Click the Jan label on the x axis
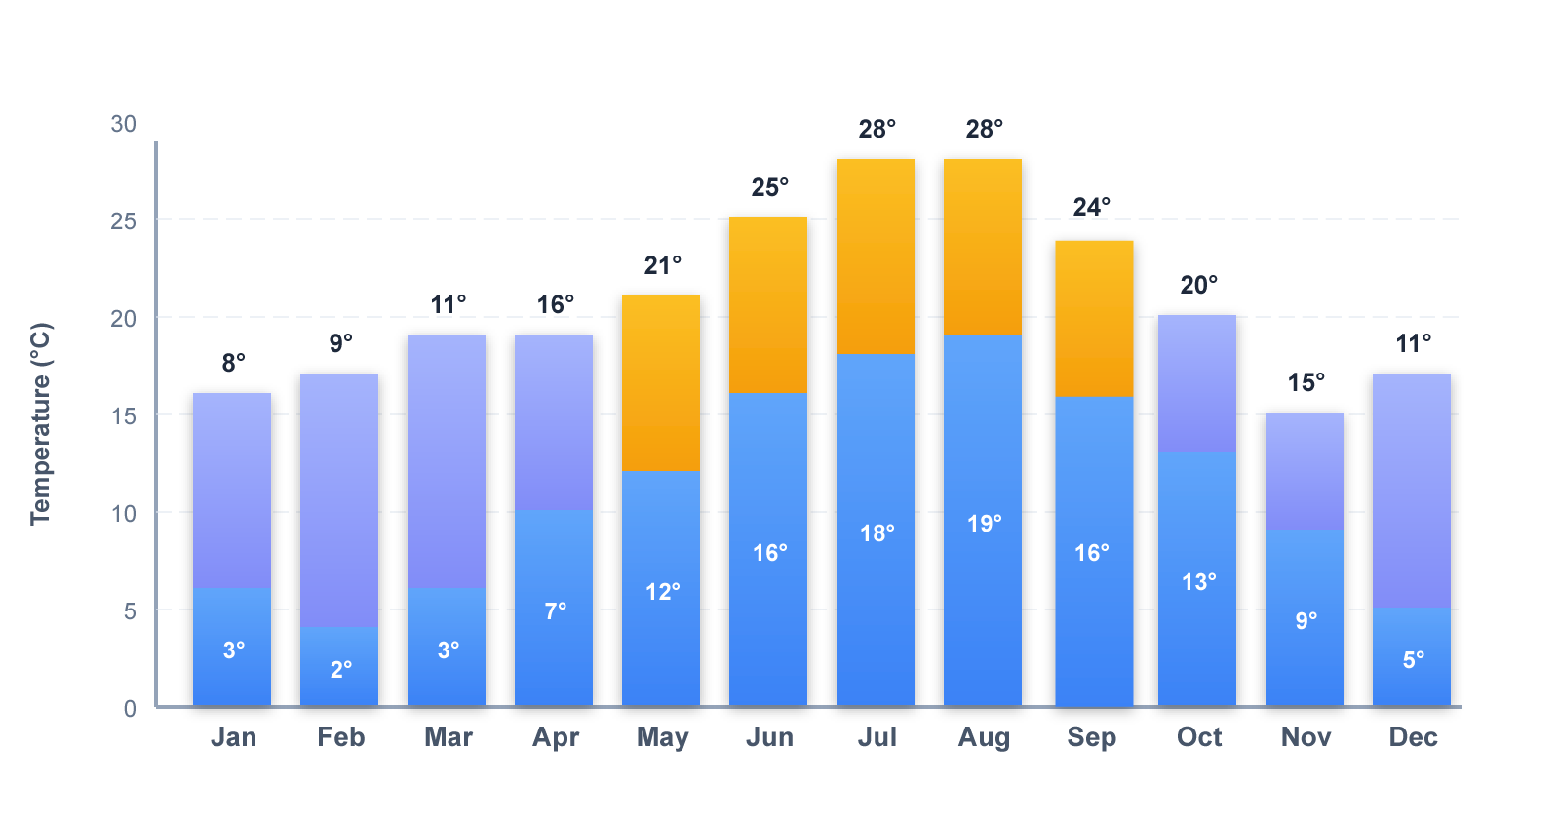(233, 737)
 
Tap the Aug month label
(984, 737)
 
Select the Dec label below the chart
(1413, 737)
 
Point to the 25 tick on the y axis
(124, 221)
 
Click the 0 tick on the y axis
(130, 709)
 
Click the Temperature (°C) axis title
(40, 423)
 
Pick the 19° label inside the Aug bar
(984, 524)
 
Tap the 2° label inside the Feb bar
(340, 670)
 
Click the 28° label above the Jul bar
(877, 129)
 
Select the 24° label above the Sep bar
(1091, 207)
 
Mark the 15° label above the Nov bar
(1306, 382)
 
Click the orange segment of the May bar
(661, 383)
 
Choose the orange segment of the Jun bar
(768, 305)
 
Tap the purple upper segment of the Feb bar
(339, 500)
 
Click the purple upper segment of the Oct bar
(1197, 383)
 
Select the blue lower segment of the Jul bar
(876, 605)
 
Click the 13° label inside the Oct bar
(1198, 582)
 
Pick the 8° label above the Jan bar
(233, 363)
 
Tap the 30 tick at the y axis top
(124, 124)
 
